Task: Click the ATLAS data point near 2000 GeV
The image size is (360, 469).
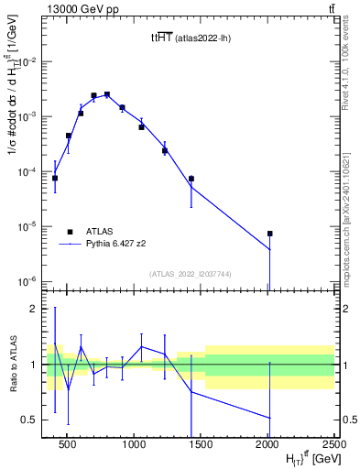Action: click(269, 234)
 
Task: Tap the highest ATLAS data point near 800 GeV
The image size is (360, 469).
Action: click(107, 94)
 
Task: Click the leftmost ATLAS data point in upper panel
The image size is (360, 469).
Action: click(55, 178)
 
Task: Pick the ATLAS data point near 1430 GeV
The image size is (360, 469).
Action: click(191, 179)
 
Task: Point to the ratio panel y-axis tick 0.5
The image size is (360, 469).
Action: click(34, 420)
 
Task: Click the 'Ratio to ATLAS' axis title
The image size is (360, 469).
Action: click(13, 365)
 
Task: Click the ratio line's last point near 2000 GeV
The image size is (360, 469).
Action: click(269, 418)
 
